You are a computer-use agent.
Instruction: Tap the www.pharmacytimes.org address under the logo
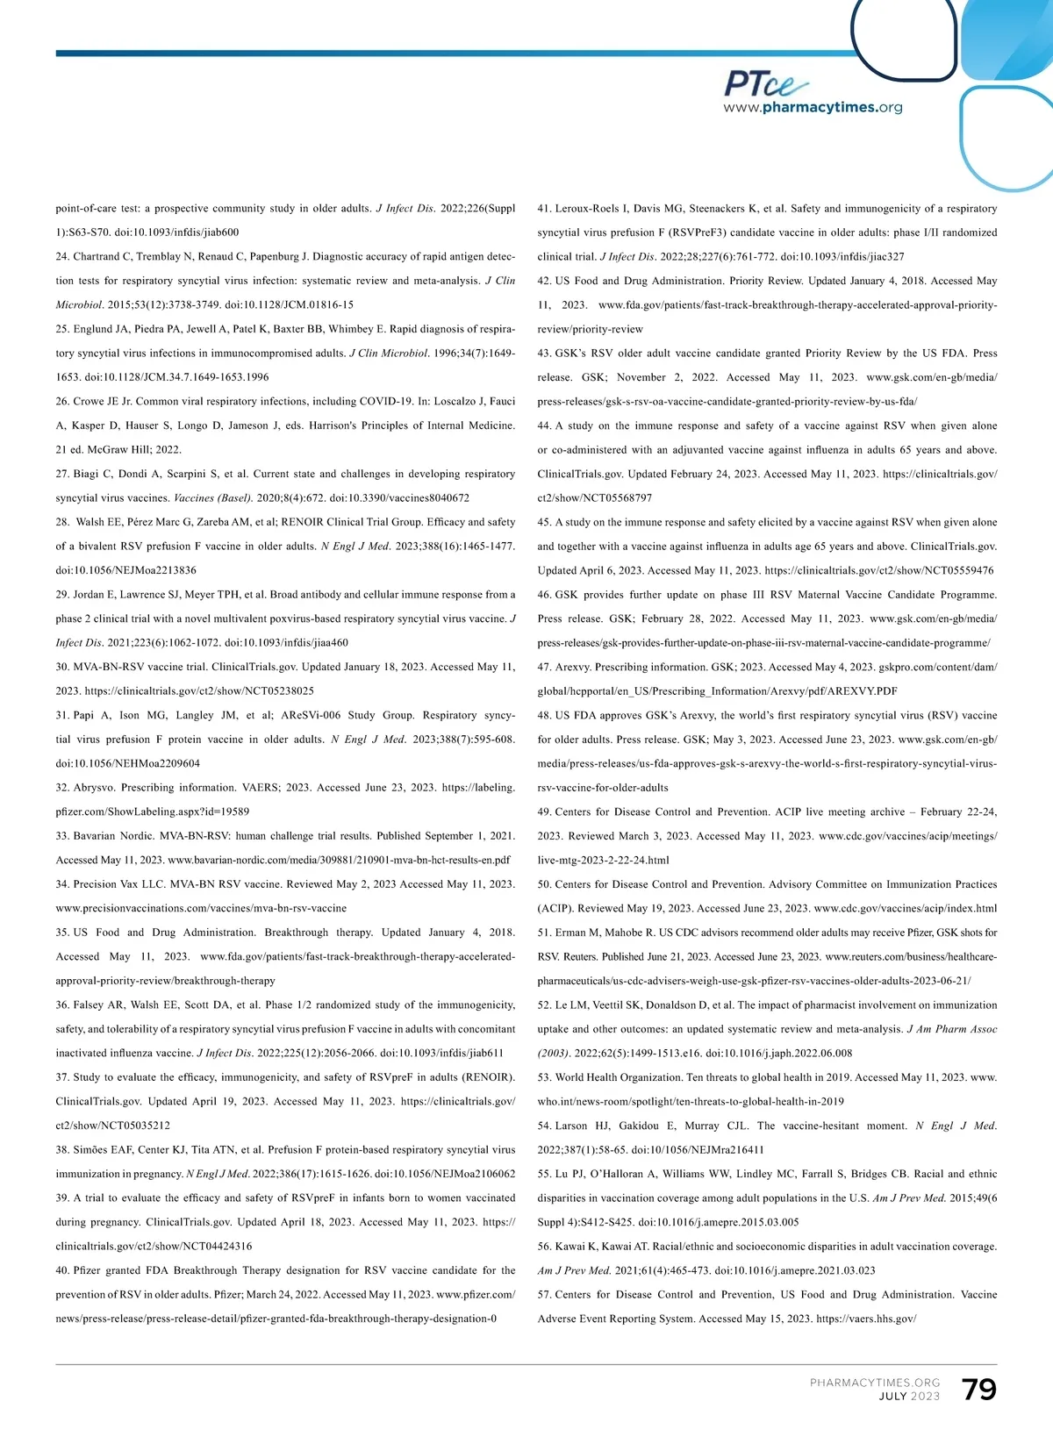pyautogui.click(x=813, y=108)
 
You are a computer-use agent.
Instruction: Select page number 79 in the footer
pyautogui.click(x=978, y=1390)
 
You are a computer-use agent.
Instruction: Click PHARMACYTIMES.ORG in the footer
pyautogui.click(x=875, y=1383)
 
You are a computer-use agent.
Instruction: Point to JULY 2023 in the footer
pyautogui.click(x=909, y=1397)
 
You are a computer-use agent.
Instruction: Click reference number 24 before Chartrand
pyautogui.click(x=62, y=257)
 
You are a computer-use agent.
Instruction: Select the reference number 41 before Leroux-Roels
pyautogui.click(x=544, y=209)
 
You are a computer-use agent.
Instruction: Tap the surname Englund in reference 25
pyautogui.click(x=98, y=329)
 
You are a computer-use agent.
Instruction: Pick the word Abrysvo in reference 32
pyautogui.click(x=94, y=788)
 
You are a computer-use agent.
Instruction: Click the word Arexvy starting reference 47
pyautogui.click(x=574, y=668)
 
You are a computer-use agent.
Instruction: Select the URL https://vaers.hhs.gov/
pyautogui.click(x=866, y=1319)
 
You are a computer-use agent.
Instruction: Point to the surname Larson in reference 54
pyautogui.click(x=571, y=1126)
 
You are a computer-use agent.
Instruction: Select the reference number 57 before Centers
pyautogui.click(x=544, y=1295)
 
